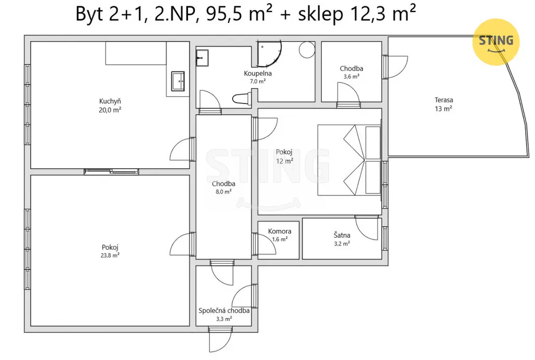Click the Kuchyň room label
[x=110, y=101]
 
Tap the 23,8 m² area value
[x=110, y=256]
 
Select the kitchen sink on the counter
[x=178, y=81]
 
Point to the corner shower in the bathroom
[x=269, y=54]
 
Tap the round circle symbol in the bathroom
[x=307, y=50]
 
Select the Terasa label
[x=444, y=100]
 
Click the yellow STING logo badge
[x=496, y=42]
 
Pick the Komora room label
[x=280, y=231]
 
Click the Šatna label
[x=342, y=235]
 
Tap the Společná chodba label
[x=224, y=310]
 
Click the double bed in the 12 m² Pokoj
[x=349, y=160]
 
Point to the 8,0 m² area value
[x=224, y=192]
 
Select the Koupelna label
[x=258, y=73]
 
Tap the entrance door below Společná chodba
[x=220, y=340]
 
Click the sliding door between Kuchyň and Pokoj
[x=111, y=171]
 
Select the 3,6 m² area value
[x=352, y=77]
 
